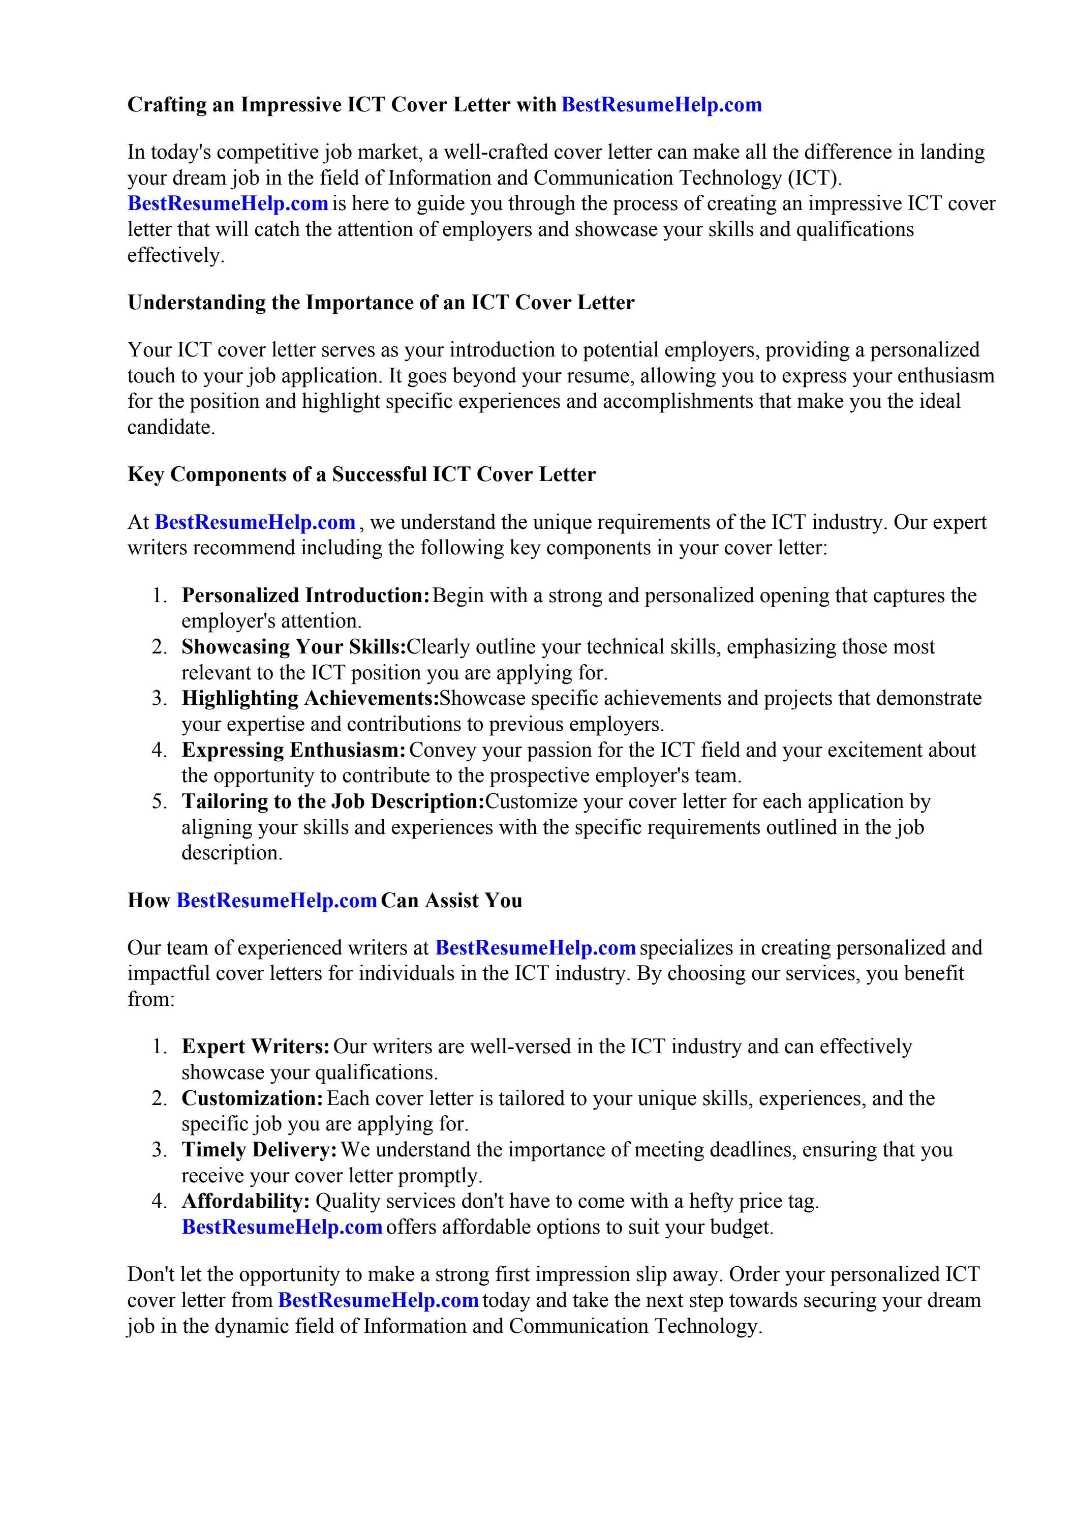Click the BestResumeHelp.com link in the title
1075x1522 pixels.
pos(661,105)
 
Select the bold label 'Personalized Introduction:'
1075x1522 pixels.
pos(306,595)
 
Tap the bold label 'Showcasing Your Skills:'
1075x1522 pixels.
pos(294,647)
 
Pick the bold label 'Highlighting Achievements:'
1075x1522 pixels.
pos(310,698)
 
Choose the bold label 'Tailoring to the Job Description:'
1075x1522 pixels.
pos(333,801)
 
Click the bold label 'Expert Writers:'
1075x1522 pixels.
pos(256,1047)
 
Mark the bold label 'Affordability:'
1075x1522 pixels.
pos(246,1201)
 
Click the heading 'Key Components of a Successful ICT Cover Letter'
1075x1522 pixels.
pos(361,474)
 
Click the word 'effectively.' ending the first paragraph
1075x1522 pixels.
pos(176,256)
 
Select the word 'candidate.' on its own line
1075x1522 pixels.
pos(171,428)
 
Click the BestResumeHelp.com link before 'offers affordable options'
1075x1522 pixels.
pos(282,1227)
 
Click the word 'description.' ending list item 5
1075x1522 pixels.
pos(232,853)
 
